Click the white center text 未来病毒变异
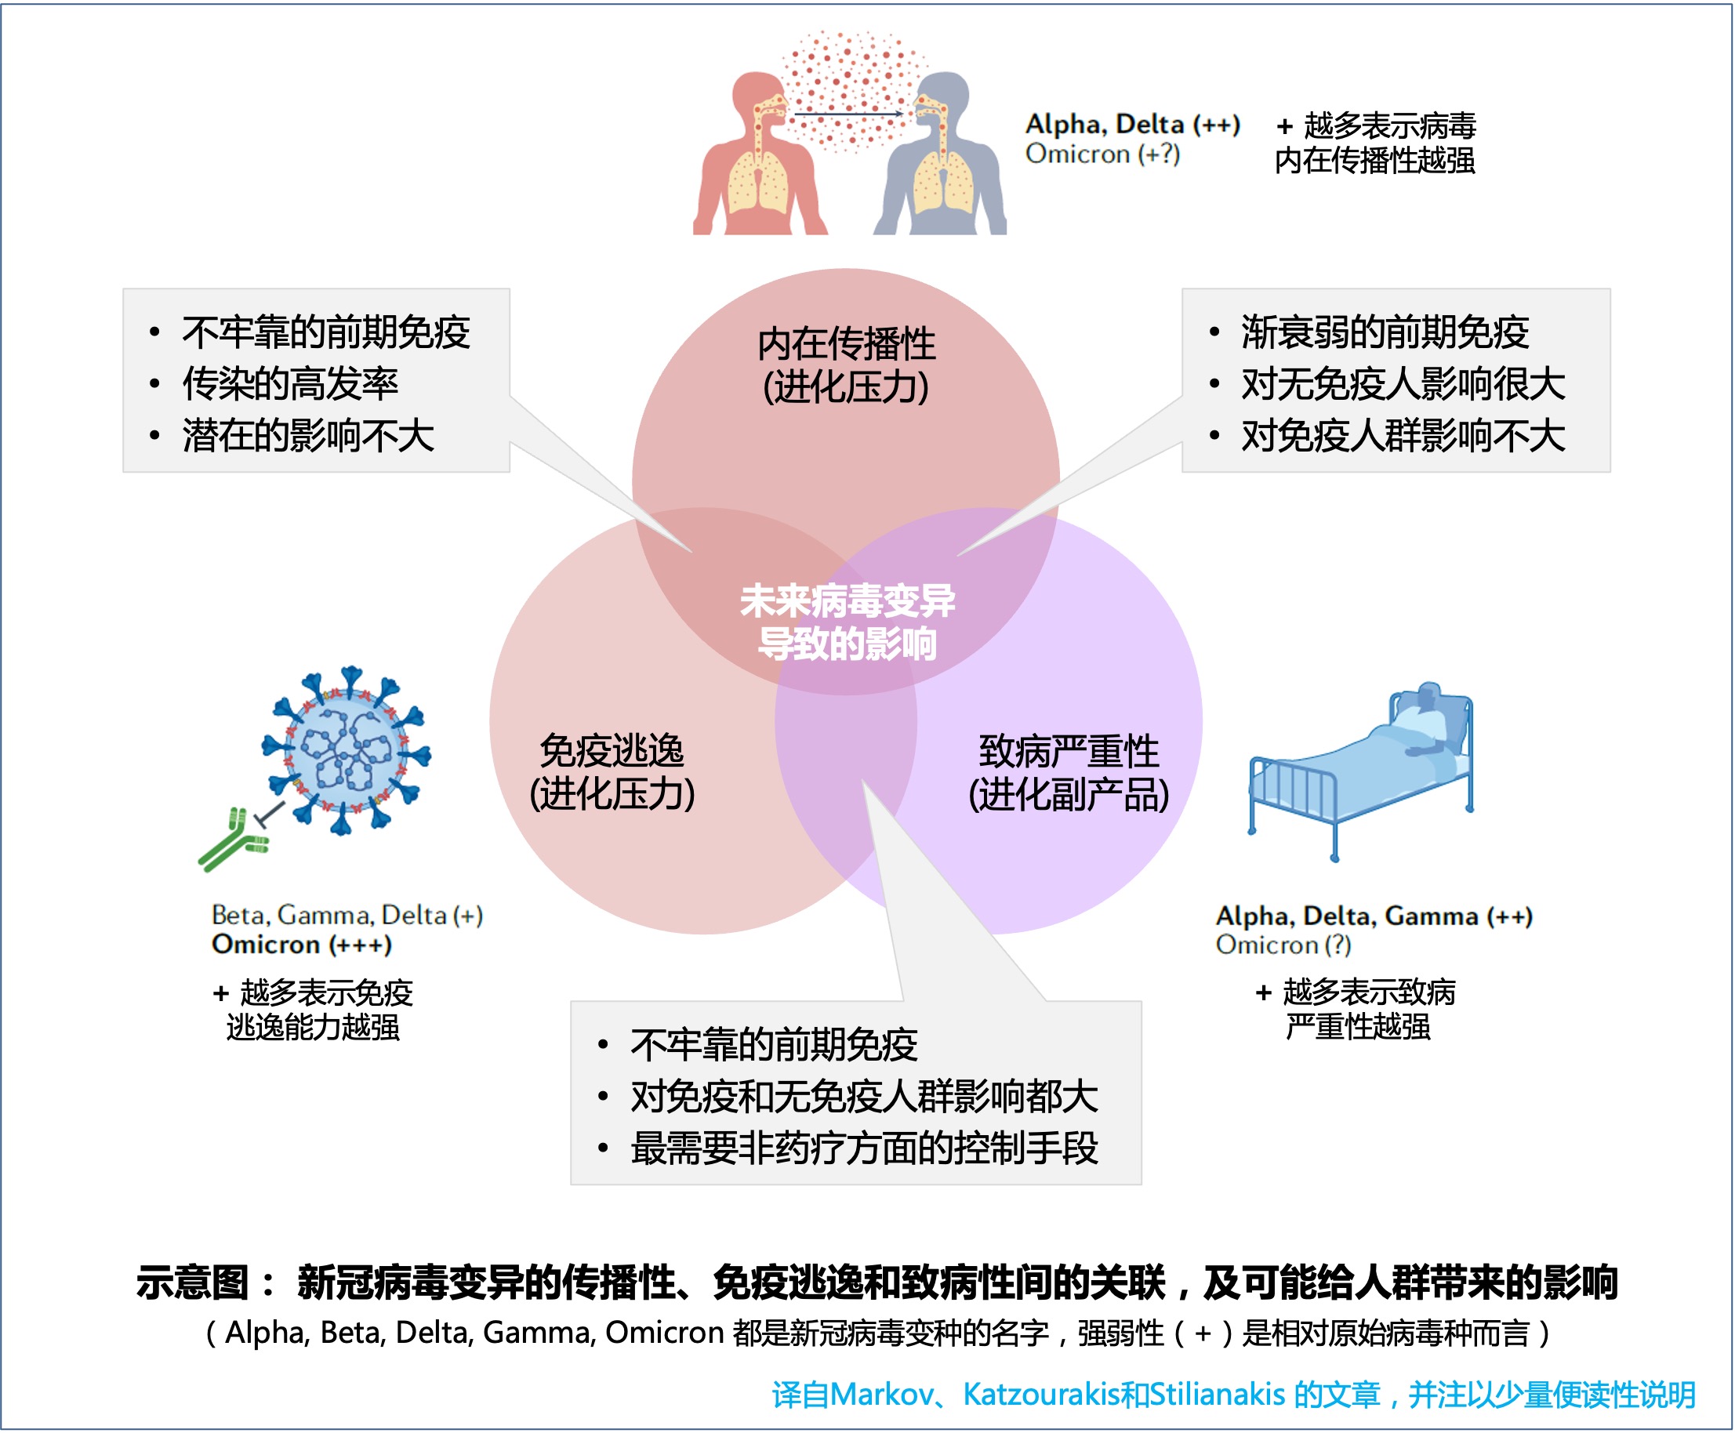(847, 600)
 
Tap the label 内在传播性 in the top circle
(846, 343)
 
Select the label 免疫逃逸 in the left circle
(612, 750)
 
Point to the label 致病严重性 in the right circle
(1068, 751)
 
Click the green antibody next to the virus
(234, 840)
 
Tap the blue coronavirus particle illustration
(347, 749)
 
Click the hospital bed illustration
(1361, 770)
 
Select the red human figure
(760, 154)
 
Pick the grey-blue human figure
(940, 154)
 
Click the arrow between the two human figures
(848, 113)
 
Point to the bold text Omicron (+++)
(301, 945)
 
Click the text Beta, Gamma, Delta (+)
(347, 915)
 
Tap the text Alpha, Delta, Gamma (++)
(1374, 916)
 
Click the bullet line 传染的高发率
(290, 383)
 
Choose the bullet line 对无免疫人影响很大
(1403, 383)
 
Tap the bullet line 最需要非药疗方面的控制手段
(863, 1148)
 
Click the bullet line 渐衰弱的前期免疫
(1385, 332)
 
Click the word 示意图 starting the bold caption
(191, 1282)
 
